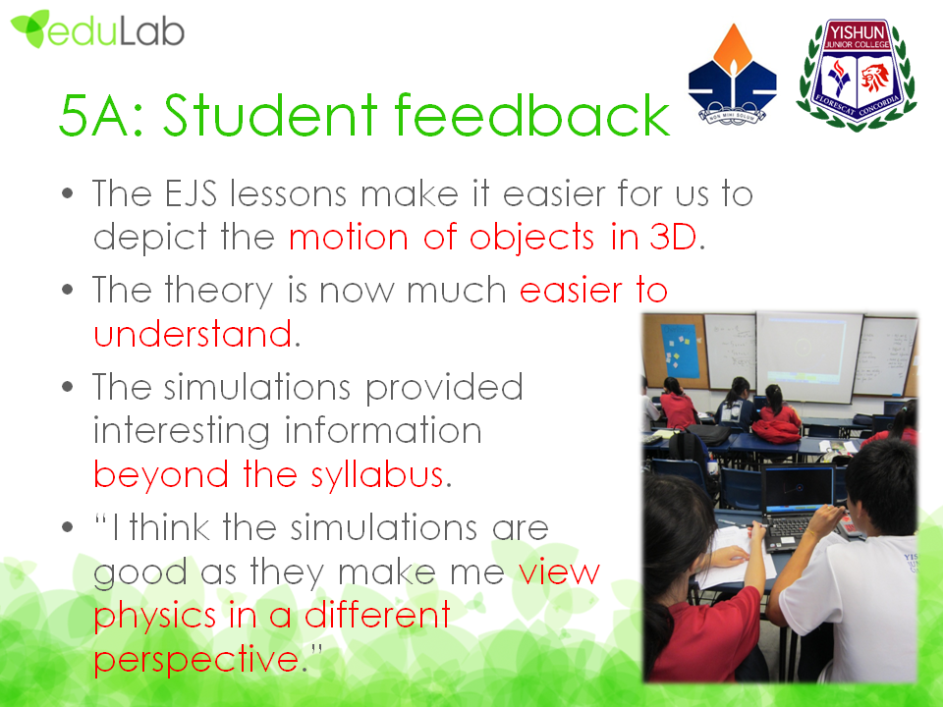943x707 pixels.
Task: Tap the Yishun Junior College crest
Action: [x=857, y=75]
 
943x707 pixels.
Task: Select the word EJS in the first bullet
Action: [x=190, y=193]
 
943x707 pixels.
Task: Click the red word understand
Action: [x=194, y=334]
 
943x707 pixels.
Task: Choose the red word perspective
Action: [x=196, y=661]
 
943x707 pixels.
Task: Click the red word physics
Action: [x=154, y=617]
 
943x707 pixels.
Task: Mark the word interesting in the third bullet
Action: [x=181, y=432]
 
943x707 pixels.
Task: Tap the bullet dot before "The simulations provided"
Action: [x=68, y=387]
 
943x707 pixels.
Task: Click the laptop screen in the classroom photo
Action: [x=798, y=488]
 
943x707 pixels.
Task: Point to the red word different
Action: [x=377, y=615]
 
